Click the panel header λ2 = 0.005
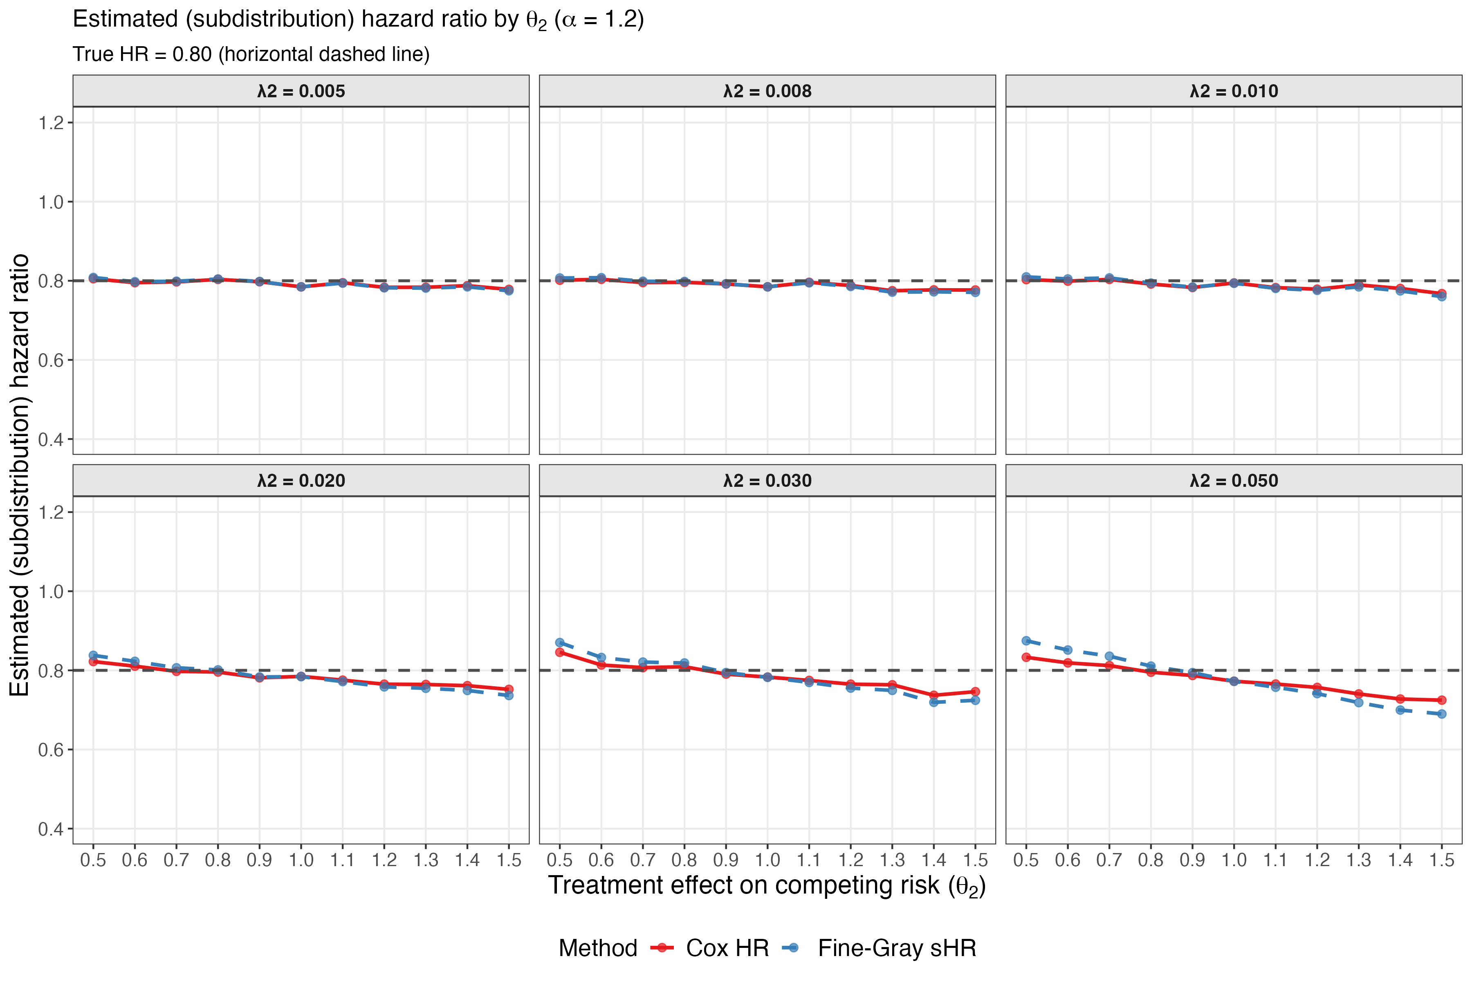pos(301,91)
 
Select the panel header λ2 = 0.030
pos(767,481)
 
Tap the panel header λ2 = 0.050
pos(1234,481)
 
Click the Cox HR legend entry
pos(726,948)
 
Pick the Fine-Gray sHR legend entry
pos(896,948)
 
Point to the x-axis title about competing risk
pos(767,886)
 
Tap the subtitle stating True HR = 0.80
pos(251,54)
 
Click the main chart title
pos(358,19)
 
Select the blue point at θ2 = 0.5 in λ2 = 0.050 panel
pos(1026,641)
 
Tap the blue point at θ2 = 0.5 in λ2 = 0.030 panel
pos(559,643)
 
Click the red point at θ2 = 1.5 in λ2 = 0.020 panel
pos(509,689)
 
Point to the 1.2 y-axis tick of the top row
pos(52,123)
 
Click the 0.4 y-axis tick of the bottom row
pos(52,829)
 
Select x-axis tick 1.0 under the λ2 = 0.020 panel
pos(301,860)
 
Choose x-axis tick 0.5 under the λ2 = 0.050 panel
pos(1026,860)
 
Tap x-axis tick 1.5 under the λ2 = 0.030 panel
pos(975,860)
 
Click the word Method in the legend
pos(598,948)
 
